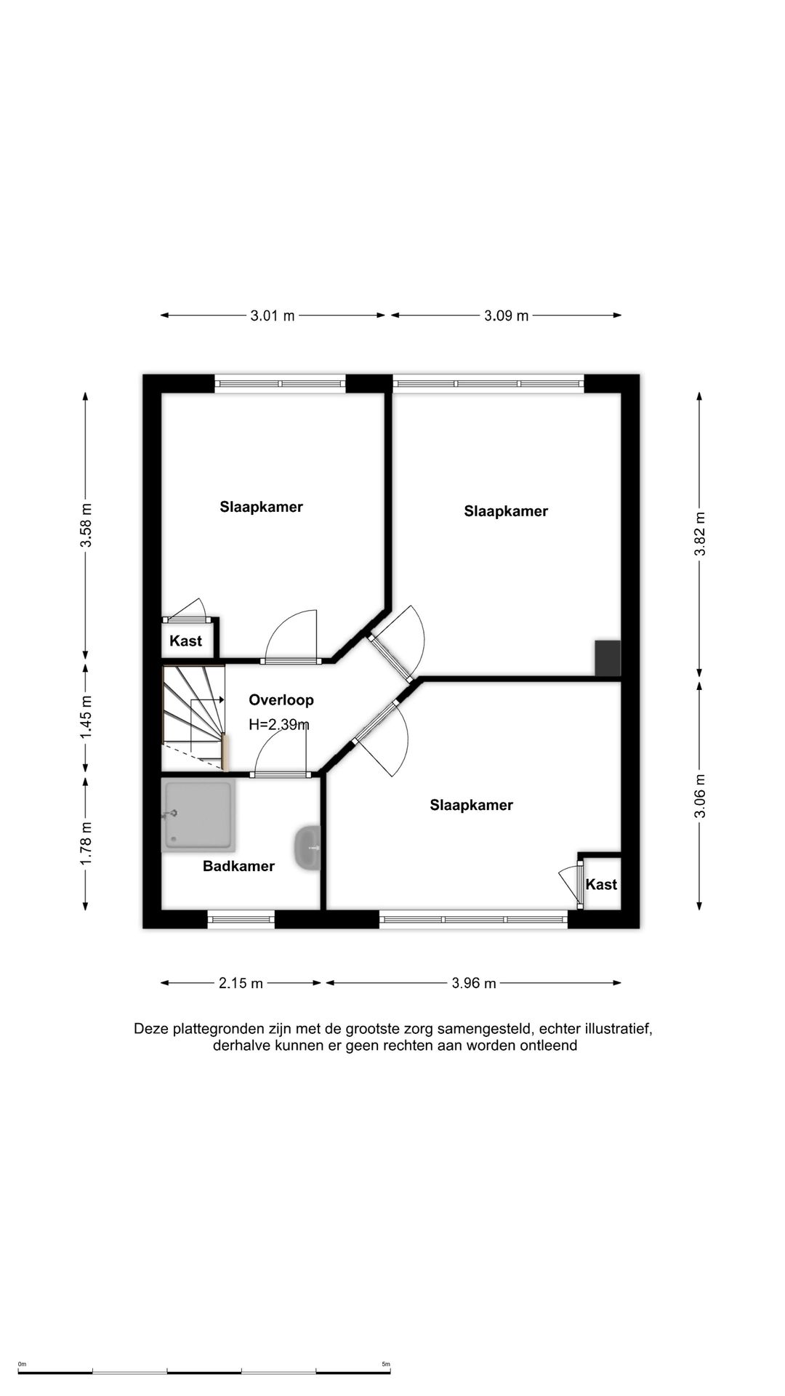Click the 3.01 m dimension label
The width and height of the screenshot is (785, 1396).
(273, 316)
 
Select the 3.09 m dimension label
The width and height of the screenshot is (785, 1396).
(507, 316)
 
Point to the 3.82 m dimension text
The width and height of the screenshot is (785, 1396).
(699, 534)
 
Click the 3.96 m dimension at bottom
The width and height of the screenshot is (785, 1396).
(474, 983)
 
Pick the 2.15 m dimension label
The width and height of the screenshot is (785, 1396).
(241, 983)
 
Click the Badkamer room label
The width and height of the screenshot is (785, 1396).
(238, 866)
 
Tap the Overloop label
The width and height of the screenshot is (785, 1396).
(281, 700)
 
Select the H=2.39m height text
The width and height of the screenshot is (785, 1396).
(279, 724)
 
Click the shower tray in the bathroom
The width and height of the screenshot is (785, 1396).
(198, 816)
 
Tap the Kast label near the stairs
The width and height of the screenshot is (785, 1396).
(185, 641)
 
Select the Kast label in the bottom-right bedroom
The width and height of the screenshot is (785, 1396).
(601, 884)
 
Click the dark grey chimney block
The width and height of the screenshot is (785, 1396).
(608, 658)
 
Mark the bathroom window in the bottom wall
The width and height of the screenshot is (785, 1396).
(241, 920)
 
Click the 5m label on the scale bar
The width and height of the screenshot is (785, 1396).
(386, 1364)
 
